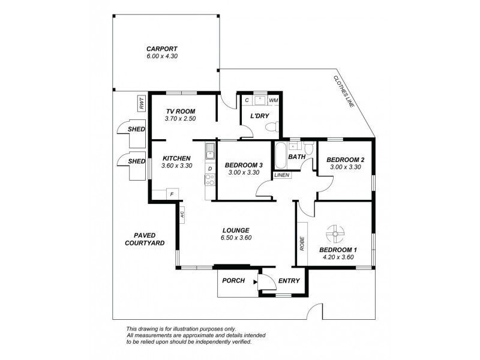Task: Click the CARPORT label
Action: point(161,49)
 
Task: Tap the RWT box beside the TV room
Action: point(142,103)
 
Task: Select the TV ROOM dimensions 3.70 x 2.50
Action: point(180,118)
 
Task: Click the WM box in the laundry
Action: point(274,100)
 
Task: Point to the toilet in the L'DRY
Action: point(272,126)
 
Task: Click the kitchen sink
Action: point(209,152)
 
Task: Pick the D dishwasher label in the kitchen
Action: point(210,169)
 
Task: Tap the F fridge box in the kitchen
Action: point(172,194)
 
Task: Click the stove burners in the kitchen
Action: point(210,179)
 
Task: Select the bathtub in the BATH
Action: point(281,156)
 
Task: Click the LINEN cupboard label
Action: point(281,175)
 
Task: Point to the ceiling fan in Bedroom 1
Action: point(335,234)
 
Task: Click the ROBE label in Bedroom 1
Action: point(302,244)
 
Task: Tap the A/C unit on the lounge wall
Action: point(182,214)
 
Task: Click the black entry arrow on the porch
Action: point(256,282)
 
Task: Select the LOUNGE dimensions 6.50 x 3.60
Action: point(236,238)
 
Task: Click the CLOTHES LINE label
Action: point(344,91)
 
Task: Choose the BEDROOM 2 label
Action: point(346,160)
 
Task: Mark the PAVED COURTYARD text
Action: point(145,239)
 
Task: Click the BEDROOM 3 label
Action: point(244,165)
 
